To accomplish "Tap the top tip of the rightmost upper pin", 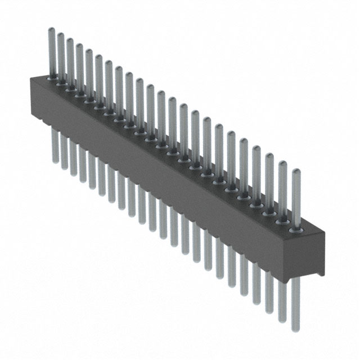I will pyautogui.click(x=295, y=170).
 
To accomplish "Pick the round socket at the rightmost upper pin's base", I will pyautogui.click(x=294, y=230).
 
